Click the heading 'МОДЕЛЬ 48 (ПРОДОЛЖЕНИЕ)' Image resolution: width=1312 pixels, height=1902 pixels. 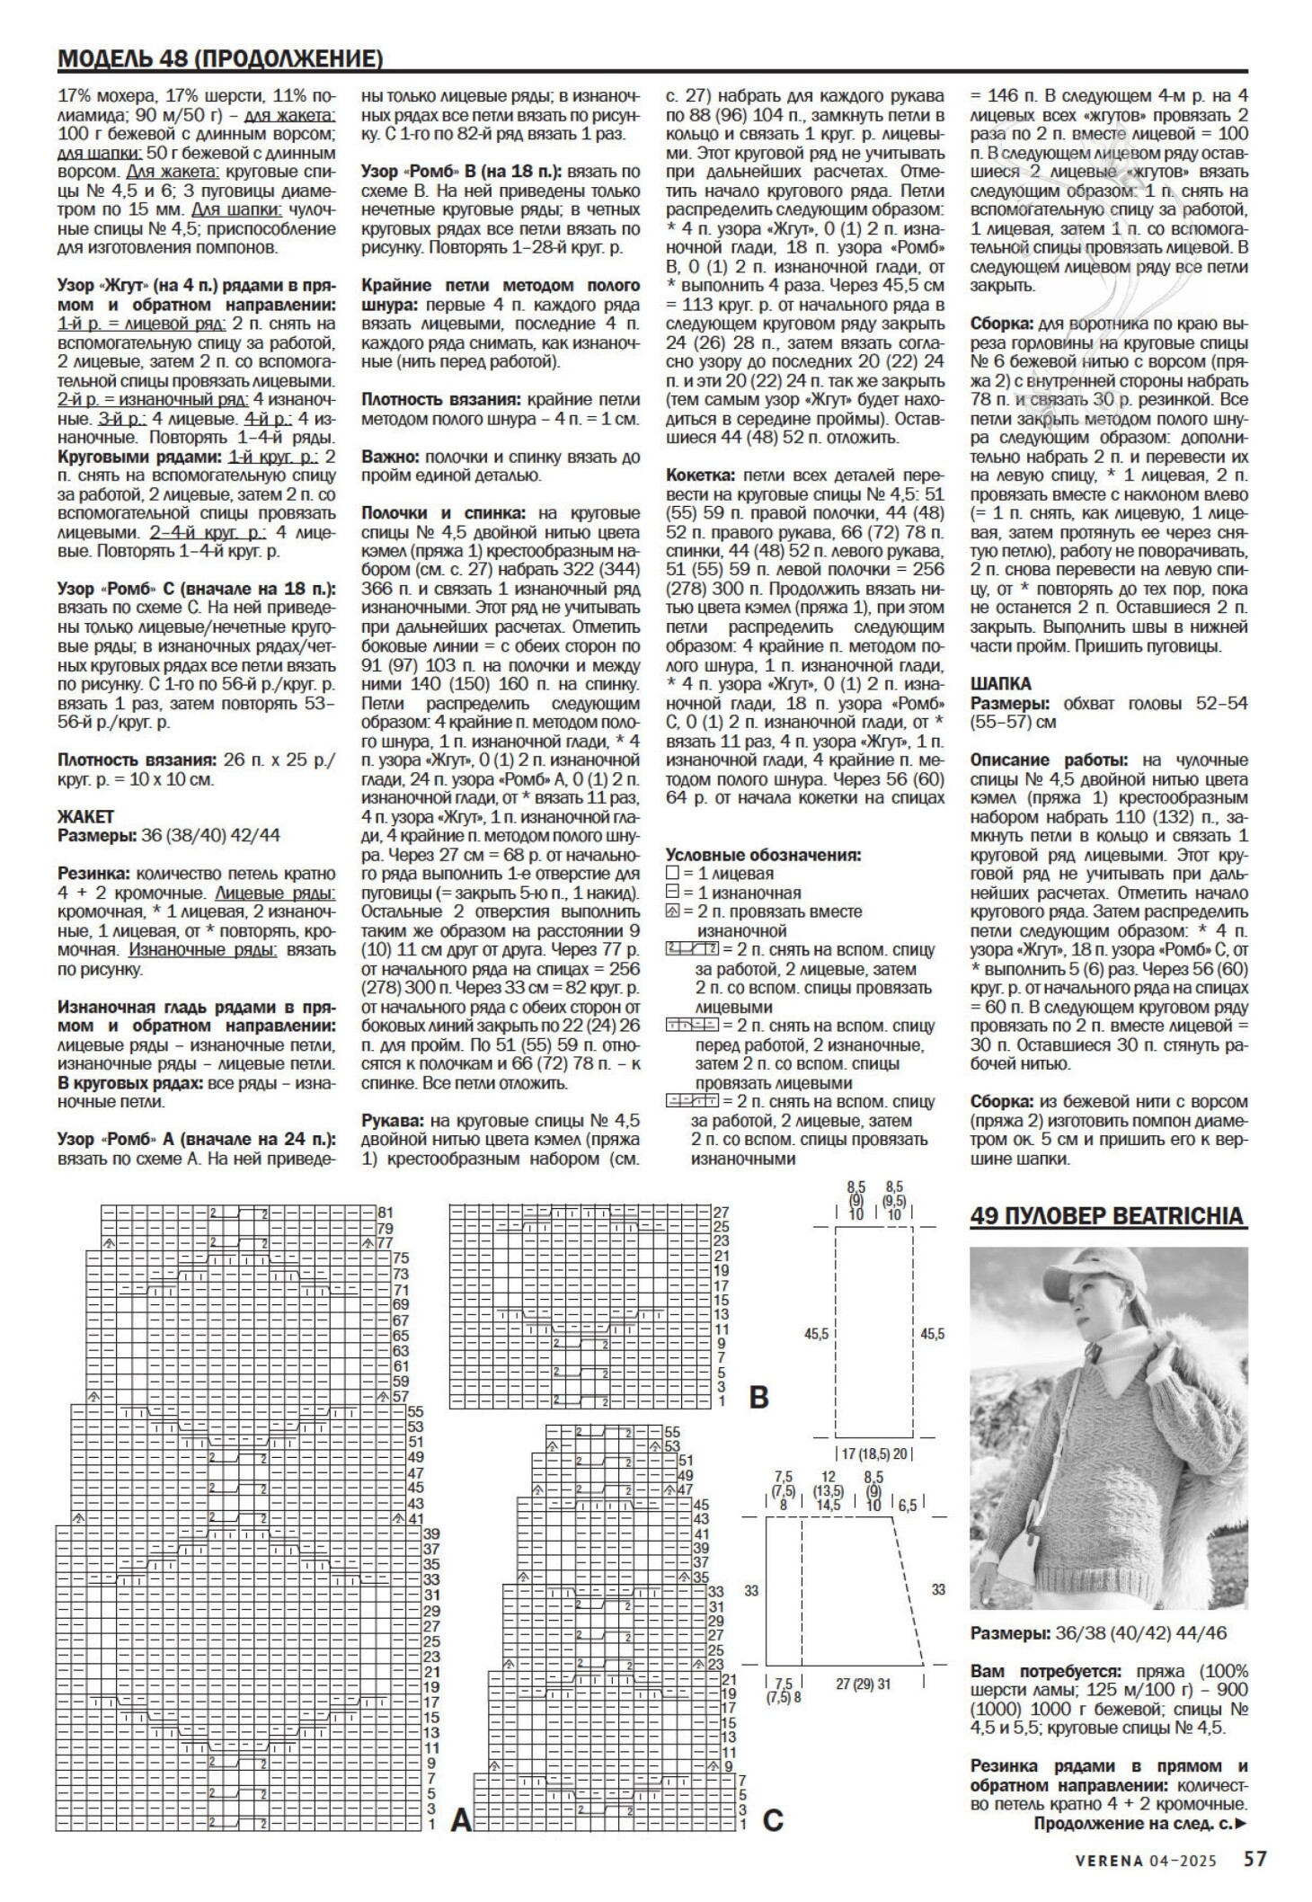pos(220,59)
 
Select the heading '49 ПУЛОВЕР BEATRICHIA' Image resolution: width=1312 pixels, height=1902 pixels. pos(1109,1216)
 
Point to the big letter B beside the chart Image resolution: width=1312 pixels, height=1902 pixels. pos(759,1398)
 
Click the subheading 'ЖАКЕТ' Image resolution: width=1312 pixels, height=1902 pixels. pos(86,816)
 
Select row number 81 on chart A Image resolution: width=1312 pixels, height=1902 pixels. pos(386,1212)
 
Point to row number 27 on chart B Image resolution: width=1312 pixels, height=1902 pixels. pos(720,1212)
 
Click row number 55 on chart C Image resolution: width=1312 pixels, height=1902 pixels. pos(672,1431)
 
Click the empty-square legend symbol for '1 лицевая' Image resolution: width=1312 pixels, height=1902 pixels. pos(673,873)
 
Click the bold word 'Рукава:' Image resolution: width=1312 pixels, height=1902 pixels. pos(393,1120)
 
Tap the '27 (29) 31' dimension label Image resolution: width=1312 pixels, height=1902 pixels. pos(863,1684)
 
